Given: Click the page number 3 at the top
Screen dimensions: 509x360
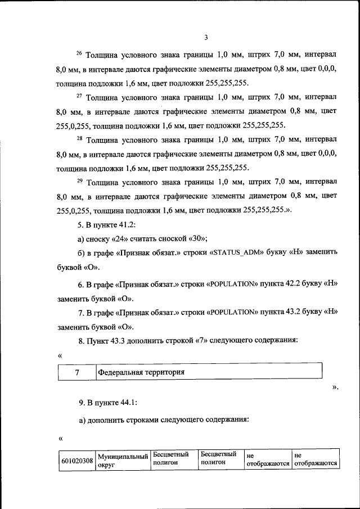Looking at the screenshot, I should [206, 38].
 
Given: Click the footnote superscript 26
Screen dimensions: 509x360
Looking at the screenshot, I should [79, 53].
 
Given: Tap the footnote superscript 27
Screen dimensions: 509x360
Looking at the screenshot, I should [79, 95].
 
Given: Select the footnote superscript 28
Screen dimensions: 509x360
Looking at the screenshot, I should [79, 137].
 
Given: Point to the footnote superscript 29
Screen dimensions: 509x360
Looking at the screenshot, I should [79, 179].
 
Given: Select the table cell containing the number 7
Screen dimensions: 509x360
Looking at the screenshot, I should [76, 372].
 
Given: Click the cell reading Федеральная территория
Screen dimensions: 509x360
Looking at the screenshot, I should [141, 372].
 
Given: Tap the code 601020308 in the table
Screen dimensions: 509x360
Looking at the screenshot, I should [76, 461].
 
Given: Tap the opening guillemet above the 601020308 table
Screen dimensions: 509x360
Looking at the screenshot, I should [60, 438].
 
